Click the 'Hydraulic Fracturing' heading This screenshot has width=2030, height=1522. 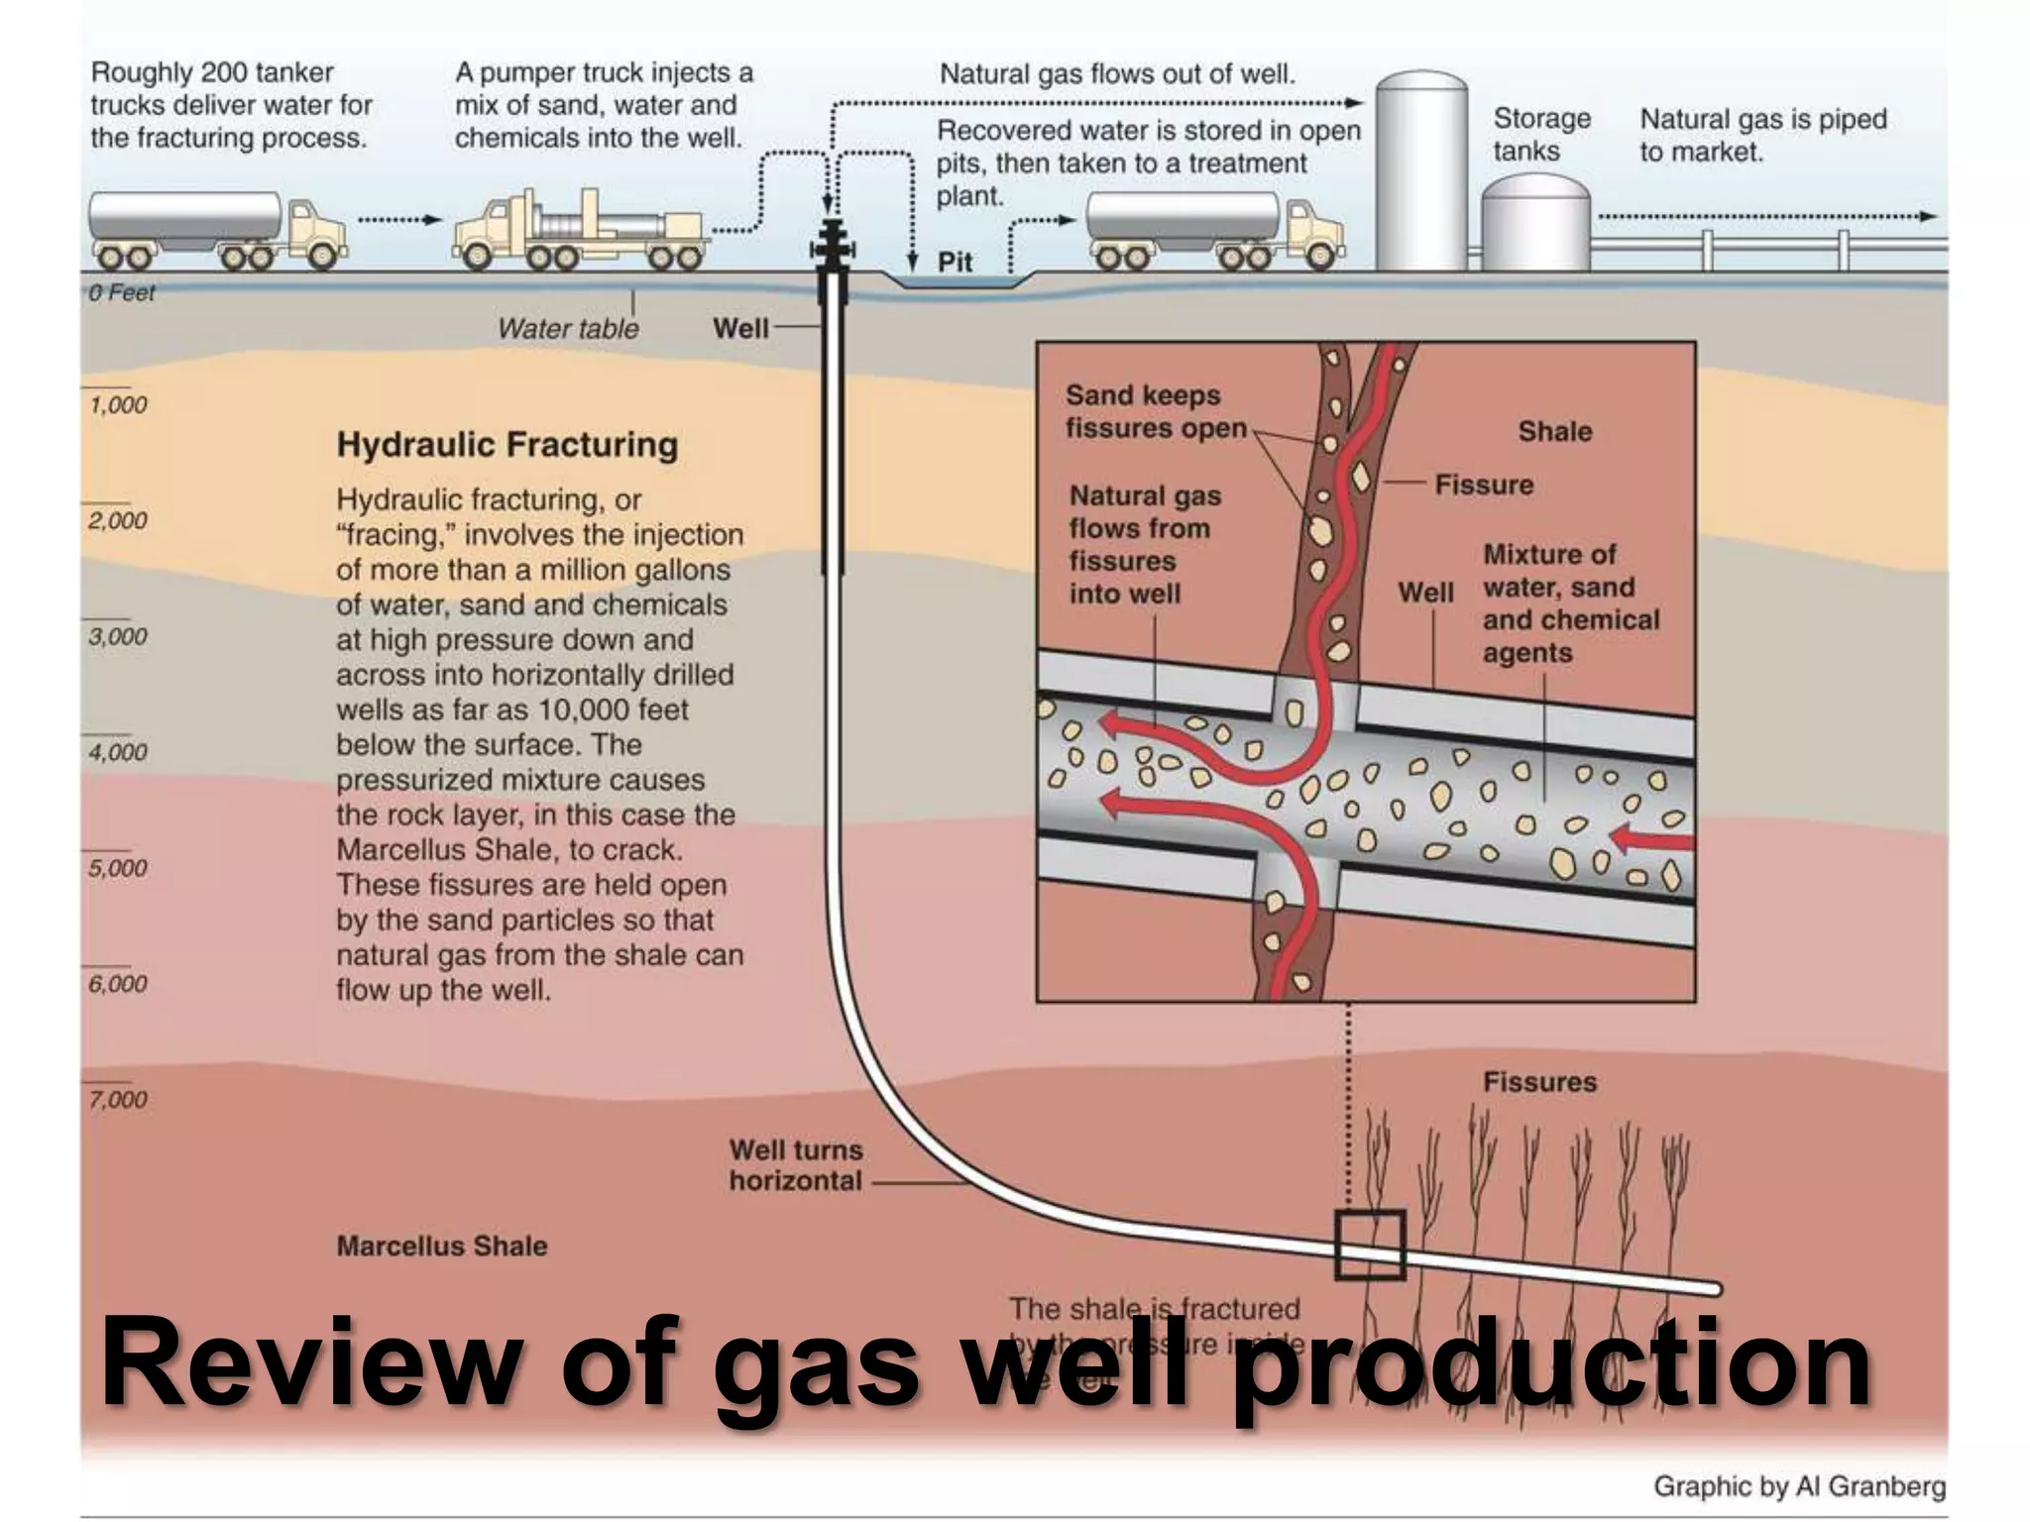[507, 445]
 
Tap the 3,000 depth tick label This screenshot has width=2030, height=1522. [117, 636]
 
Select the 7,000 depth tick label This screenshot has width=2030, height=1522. [117, 1099]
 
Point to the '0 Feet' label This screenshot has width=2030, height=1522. [121, 292]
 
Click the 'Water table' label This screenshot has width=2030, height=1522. [568, 328]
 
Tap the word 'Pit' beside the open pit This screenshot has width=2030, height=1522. [955, 262]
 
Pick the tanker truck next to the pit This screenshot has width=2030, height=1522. [1214, 230]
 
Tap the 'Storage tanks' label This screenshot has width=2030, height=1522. [1541, 135]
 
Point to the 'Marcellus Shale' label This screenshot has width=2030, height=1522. [441, 1246]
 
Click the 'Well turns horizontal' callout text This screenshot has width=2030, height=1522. [796, 1165]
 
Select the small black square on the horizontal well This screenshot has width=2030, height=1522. [1370, 1245]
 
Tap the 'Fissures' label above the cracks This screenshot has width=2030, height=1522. [1539, 1082]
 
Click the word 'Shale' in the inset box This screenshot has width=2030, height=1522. [1554, 431]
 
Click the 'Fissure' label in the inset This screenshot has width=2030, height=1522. [1483, 485]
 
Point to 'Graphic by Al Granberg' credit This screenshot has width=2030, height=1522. [1799, 1486]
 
